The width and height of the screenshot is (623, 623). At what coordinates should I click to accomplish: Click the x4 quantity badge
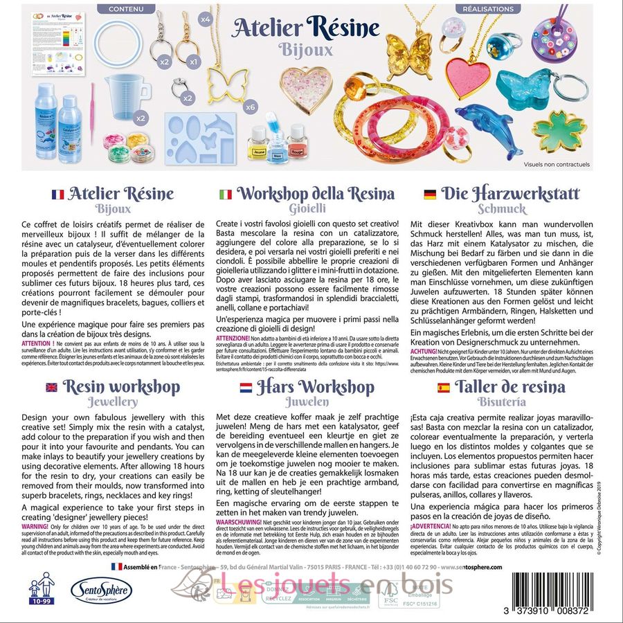click(x=206, y=19)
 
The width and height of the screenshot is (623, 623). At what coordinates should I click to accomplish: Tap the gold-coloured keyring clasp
click(x=189, y=38)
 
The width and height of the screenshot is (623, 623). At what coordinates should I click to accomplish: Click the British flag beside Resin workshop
click(x=52, y=388)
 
